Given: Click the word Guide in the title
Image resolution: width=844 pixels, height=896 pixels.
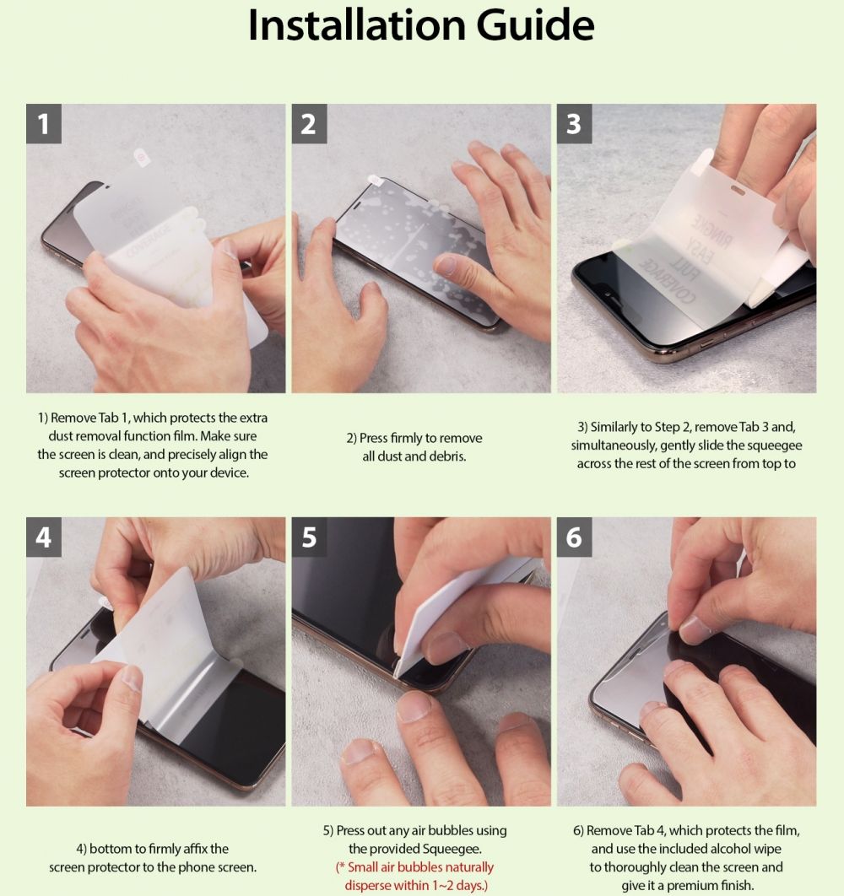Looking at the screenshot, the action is point(536,25).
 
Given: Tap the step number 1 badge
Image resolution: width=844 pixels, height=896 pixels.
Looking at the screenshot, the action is point(43,123).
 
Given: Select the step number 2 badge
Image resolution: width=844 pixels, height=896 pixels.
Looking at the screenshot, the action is point(309,123).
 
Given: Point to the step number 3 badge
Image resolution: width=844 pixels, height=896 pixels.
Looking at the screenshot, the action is point(574,123).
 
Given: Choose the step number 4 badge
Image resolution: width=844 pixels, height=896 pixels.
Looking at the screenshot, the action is point(43,537).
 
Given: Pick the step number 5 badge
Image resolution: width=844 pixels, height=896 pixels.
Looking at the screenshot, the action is point(309,537).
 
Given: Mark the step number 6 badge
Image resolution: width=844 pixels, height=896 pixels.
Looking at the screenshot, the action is point(574,537).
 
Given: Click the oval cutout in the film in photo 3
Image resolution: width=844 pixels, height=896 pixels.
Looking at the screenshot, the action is point(738,189).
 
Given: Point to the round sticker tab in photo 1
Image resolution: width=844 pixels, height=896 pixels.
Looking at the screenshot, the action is point(141,157).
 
